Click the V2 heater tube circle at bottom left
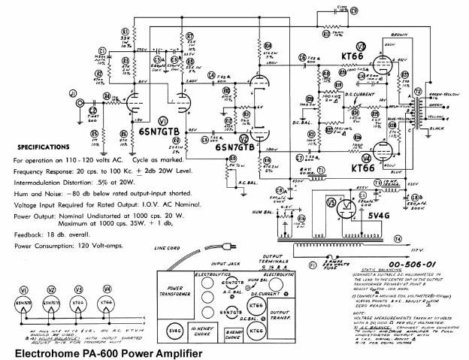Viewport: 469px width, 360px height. [51, 301]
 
